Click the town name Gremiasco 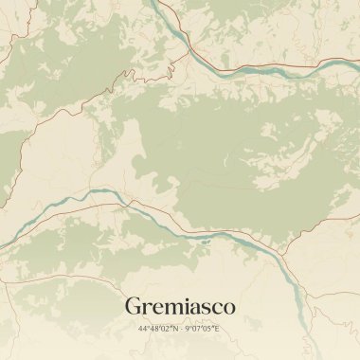click(x=180, y=307)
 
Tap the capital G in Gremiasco click(x=134, y=307)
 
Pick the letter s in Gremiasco click(x=206, y=309)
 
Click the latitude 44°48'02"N click(x=156, y=329)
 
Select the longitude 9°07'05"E click(x=203, y=329)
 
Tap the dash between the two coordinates click(x=180, y=329)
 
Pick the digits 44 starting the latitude click(x=142, y=329)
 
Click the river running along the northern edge click(x=275, y=70)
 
